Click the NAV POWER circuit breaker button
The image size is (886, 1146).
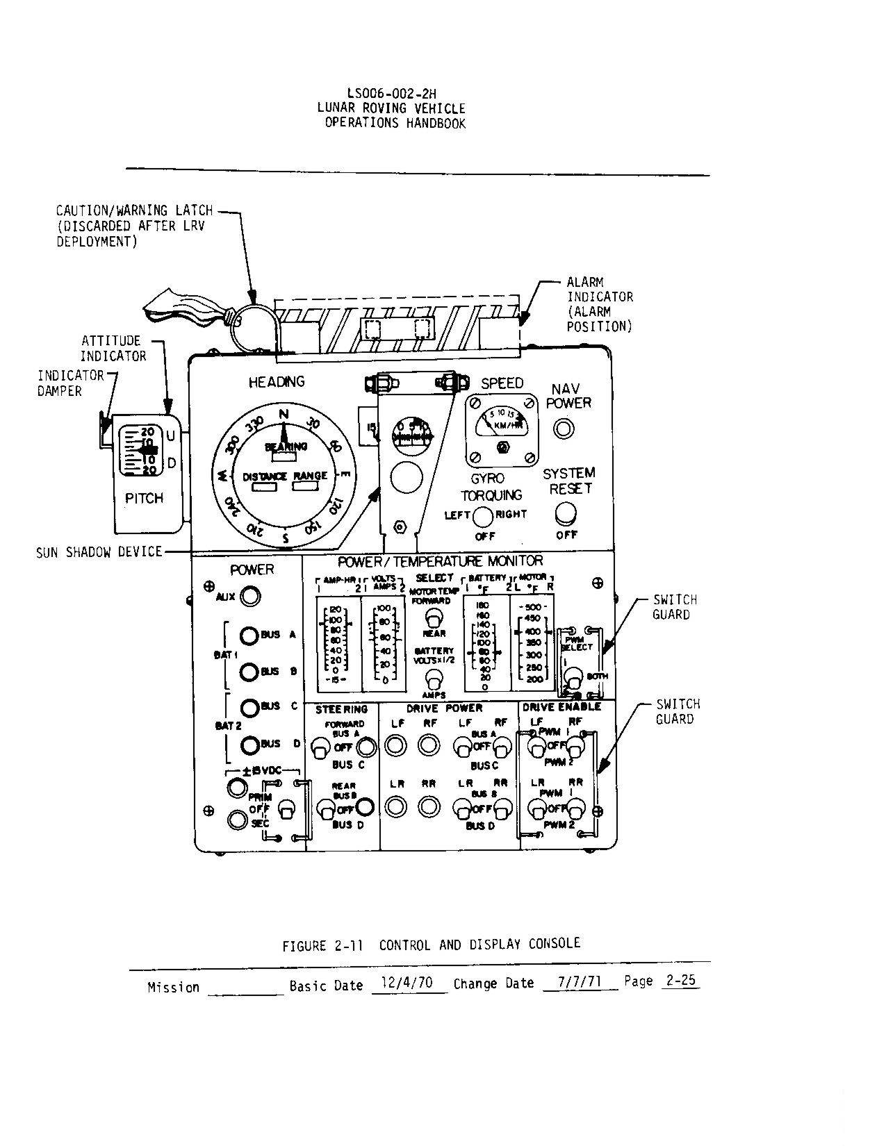pos(564,429)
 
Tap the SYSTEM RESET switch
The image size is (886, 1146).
pos(566,513)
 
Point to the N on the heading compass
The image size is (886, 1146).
pos(283,415)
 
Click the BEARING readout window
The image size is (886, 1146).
pos(284,458)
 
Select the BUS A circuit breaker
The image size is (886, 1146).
pos(249,636)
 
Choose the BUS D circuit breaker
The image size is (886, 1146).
pos(249,745)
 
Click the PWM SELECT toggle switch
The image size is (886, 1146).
pos(574,677)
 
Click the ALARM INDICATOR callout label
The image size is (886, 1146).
pos(599,304)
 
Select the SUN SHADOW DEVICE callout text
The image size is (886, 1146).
pos(99,552)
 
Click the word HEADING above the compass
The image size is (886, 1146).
pos(277,381)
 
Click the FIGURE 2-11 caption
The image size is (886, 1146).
pos(431,945)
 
